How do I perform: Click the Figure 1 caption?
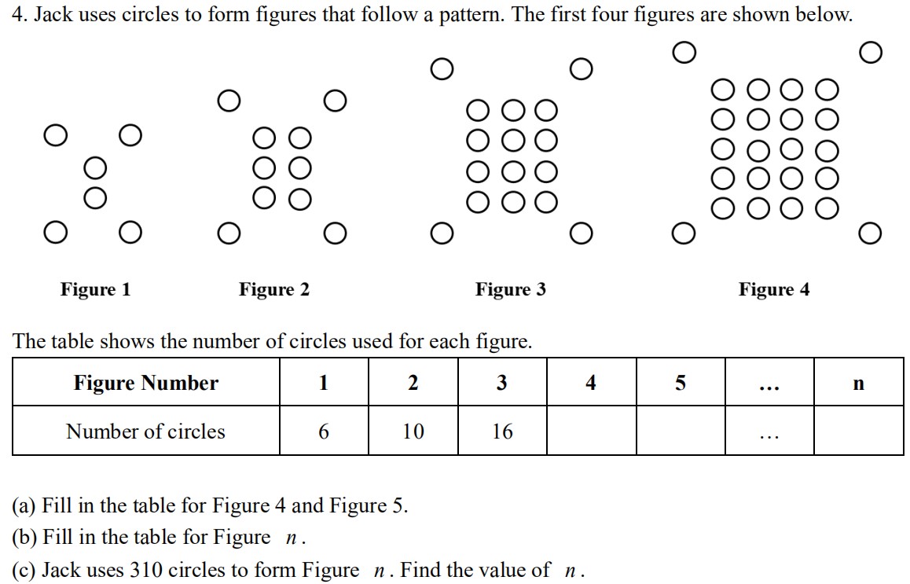click(96, 289)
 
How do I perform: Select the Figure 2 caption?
click(274, 289)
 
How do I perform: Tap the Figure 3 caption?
click(511, 289)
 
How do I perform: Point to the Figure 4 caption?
click(774, 289)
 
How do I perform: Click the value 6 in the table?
click(324, 432)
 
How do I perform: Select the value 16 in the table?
click(502, 432)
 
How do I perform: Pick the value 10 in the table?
click(413, 432)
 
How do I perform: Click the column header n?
click(859, 384)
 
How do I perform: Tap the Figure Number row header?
click(145, 383)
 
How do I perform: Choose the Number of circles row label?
click(145, 432)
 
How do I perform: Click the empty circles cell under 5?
click(681, 430)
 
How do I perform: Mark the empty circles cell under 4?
click(592, 430)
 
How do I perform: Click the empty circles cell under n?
click(859, 430)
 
